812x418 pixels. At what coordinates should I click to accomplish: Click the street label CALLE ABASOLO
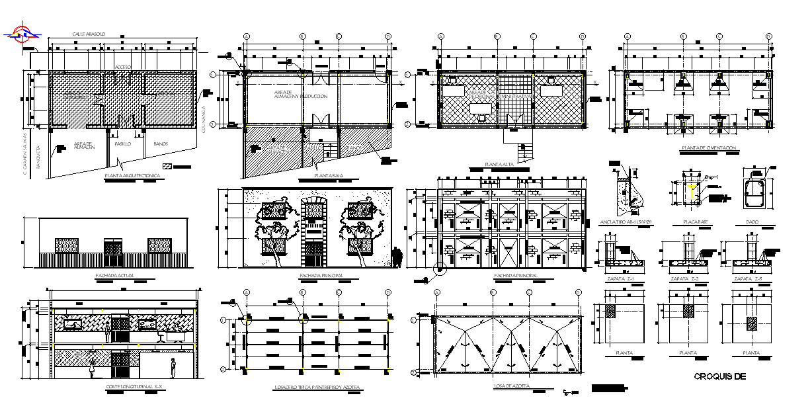(89, 34)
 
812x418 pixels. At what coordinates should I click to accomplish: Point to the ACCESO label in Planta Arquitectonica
(123, 67)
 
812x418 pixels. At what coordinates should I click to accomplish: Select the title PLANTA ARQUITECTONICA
(132, 177)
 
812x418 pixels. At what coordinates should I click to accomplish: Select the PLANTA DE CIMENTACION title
(711, 148)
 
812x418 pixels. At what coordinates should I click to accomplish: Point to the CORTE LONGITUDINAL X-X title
(134, 386)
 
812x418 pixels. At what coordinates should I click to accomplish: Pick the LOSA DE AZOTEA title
(510, 386)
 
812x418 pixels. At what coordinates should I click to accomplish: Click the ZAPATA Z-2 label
(684, 279)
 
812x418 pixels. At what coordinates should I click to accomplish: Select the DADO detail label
(752, 222)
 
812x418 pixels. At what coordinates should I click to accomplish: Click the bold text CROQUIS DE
(720, 376)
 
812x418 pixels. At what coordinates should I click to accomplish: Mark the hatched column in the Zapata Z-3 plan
(751, 323)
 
